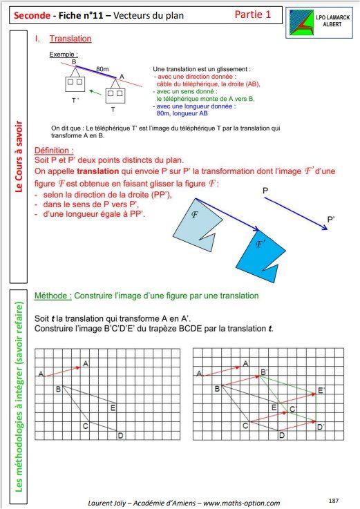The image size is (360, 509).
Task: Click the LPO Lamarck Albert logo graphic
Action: click(301, 22)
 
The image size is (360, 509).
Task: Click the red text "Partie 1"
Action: click(252, 15)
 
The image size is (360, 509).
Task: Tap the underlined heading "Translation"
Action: click(70, 39)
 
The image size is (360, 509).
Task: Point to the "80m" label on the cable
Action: click(102, 69)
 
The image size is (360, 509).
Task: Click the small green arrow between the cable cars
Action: click(95, 92)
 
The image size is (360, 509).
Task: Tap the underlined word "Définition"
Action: click(54, 151)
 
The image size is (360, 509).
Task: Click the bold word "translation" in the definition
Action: click(98, 171)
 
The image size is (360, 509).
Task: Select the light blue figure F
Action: click(197, 224)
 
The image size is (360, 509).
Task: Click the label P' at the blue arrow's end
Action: click(331, 219)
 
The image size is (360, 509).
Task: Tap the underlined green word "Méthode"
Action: click(53, 296)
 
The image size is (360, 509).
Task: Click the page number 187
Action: click(334, 500)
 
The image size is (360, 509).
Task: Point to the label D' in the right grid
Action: click(321, 427)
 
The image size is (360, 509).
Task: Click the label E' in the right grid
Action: click(321, 390)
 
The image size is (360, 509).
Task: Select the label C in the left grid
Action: click(86, 425)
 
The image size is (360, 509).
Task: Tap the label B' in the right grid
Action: click(264, 372)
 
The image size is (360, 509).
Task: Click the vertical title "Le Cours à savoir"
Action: click(19, 157)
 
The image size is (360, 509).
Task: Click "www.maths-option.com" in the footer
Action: click(241, 503)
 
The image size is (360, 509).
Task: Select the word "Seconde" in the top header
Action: click(32, 15)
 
